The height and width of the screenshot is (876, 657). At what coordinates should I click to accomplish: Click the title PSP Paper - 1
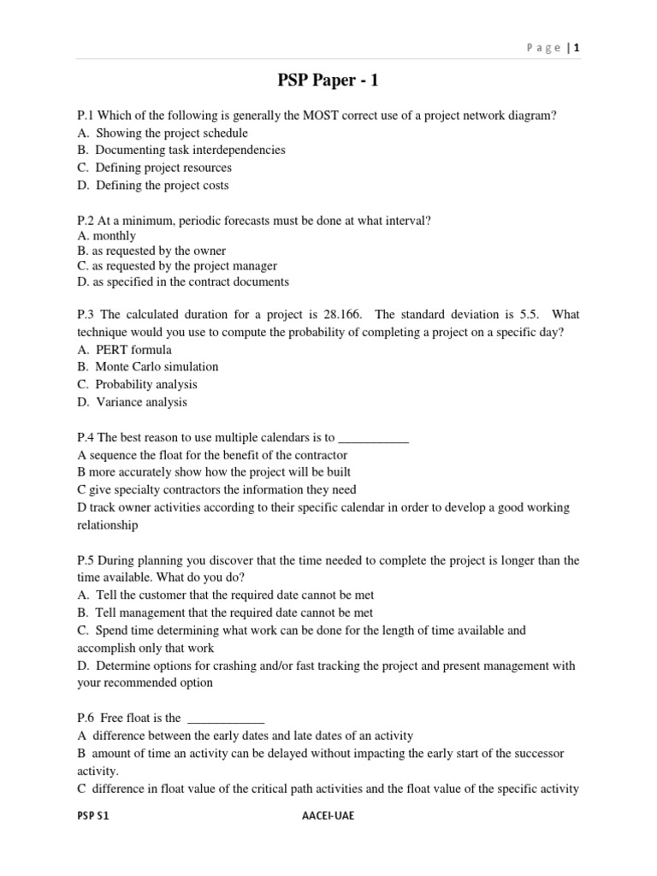click(x=328, y=81)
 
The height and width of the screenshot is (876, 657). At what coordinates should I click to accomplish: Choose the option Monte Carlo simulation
click(x=157, y=366)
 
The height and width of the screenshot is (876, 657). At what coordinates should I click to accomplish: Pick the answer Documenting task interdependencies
click(x=190, y=150)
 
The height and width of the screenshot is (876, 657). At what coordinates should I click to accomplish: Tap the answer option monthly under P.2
click(x=115, y=235)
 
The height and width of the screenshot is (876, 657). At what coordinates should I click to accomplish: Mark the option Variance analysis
click(x=141, y=401)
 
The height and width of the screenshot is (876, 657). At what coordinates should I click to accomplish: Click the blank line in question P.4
click(x=374, y=437)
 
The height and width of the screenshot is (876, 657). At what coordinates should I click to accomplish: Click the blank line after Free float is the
click(x=225, y=719)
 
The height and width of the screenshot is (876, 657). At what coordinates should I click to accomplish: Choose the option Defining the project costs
click(x=162, y=185)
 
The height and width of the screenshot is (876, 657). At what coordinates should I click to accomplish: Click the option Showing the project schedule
click(x=171, y=133)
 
